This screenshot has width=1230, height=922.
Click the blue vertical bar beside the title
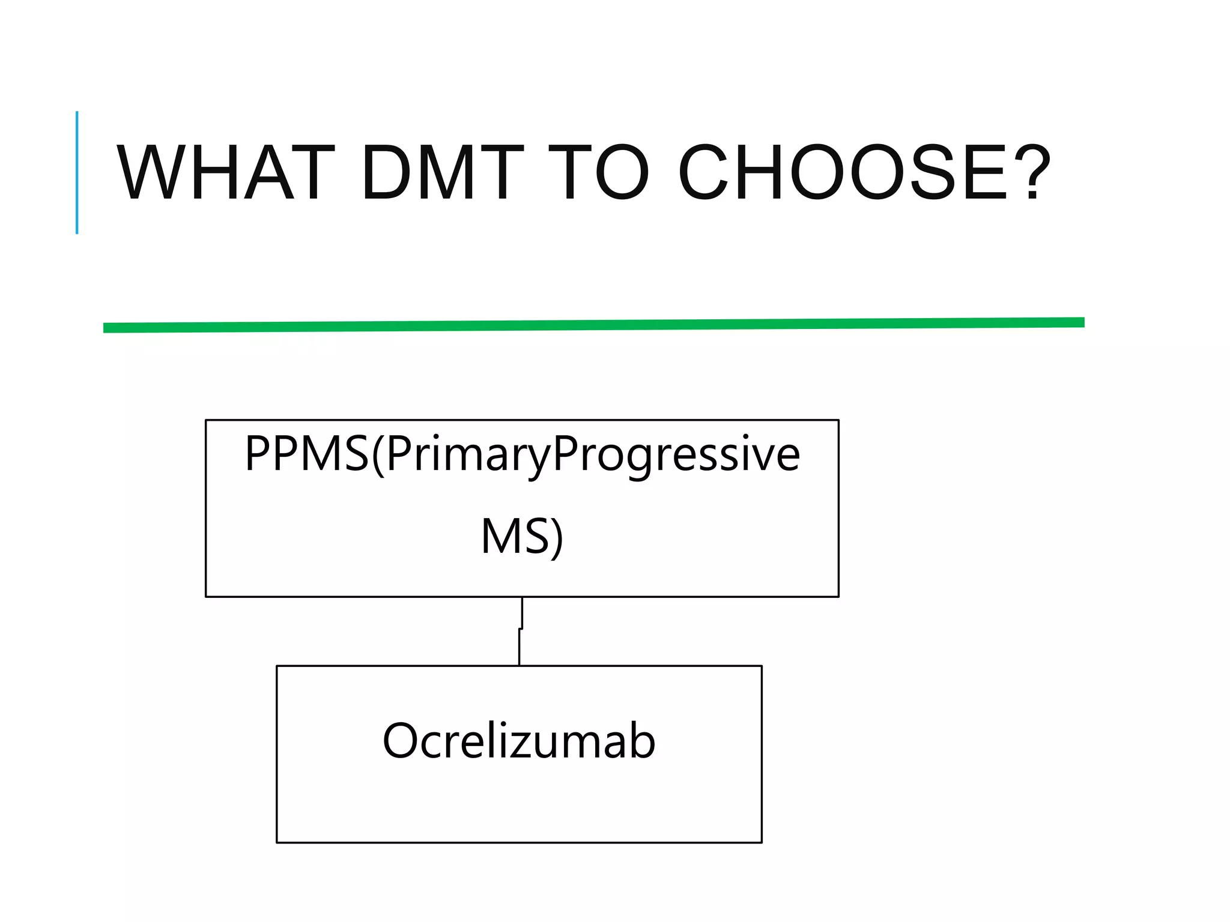coord(77,173)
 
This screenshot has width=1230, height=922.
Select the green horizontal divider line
coord(593,325)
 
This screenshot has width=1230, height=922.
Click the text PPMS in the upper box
coord(306,454)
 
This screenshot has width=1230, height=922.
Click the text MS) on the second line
coord(522,537)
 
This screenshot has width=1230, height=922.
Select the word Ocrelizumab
coord(519,741)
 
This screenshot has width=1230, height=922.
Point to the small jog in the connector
coord(521,628)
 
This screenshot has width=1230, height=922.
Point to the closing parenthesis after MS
coord(557,538)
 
